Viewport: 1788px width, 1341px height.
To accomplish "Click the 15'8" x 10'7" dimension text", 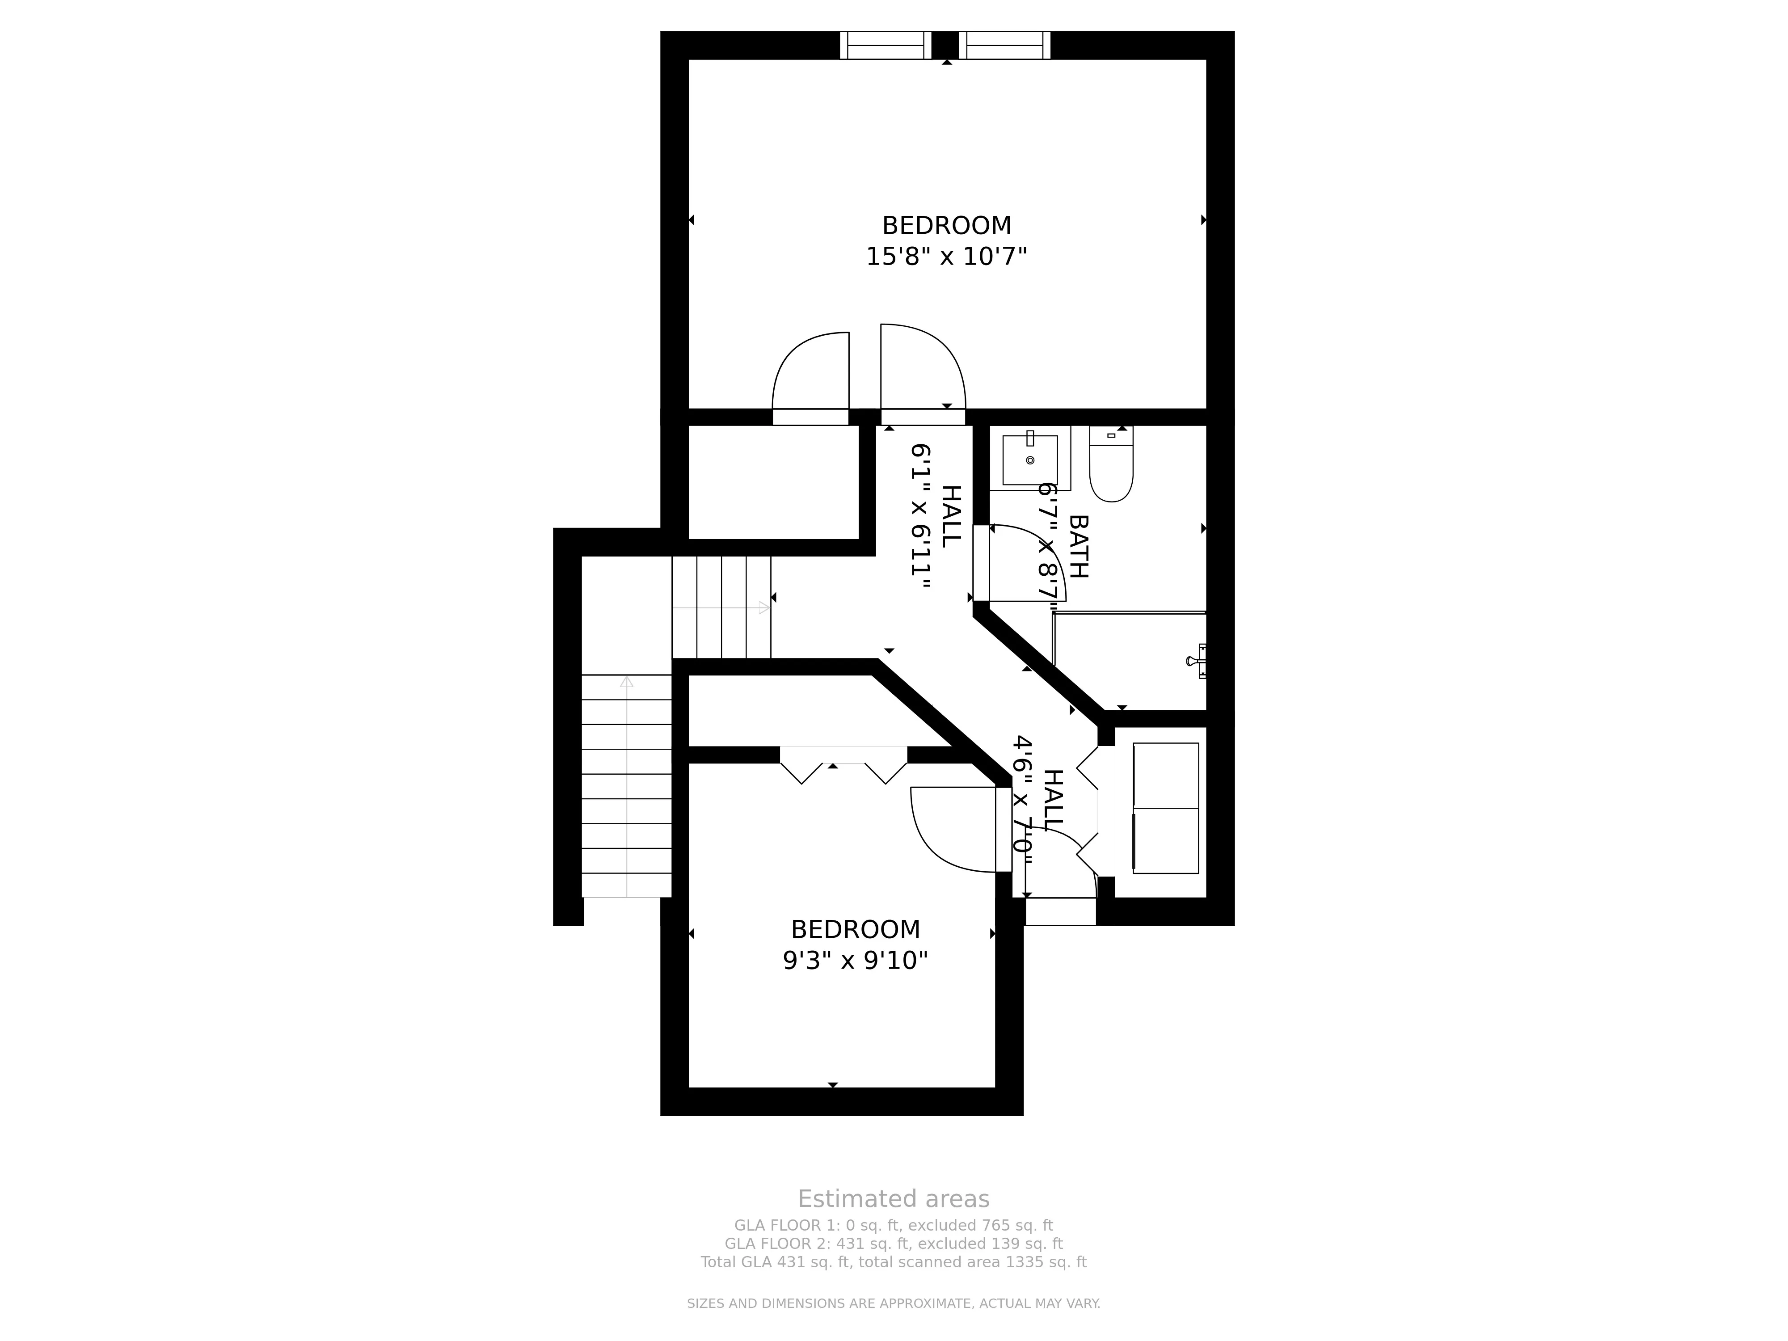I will [x=946, y=257].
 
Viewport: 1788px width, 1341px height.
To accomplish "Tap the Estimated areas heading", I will [x=893, y=1199].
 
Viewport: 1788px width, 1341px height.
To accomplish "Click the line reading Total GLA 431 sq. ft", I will [x=893, y=1262].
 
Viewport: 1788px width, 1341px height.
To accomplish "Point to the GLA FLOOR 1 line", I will [x=893, y=1225].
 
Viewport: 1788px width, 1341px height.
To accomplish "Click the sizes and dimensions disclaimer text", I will [x=893, y=1303].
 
